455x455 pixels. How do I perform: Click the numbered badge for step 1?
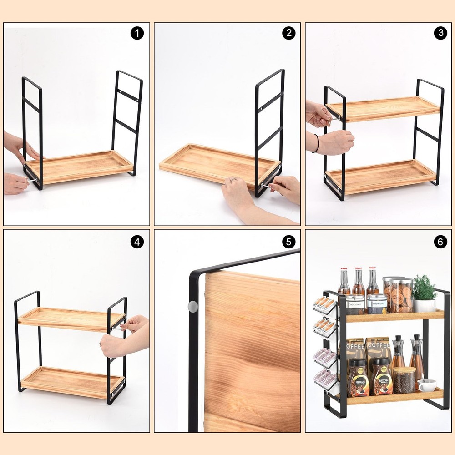pos(137,33)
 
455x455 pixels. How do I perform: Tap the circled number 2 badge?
pos(288,33)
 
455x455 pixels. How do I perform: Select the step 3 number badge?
pos(440,33)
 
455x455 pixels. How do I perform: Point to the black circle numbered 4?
pos(137,242)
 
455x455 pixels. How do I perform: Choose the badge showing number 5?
pos(288,242)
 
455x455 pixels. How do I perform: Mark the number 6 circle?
pos(440,242)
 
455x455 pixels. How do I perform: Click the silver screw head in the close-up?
pos(193,307)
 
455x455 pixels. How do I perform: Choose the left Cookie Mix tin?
pos(355,304)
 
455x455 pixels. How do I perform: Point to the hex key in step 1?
pos(32,181)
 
